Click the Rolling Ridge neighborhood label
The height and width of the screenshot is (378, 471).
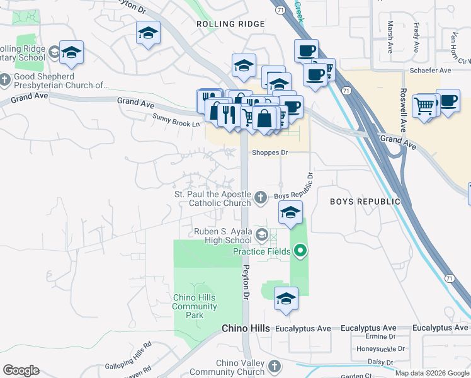point(230,24)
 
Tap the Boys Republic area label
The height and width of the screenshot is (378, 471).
point(365,202)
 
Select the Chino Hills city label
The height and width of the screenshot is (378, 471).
point(246,329)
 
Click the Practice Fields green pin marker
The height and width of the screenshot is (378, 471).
point(300,252)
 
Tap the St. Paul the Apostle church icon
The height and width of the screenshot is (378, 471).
point(261,198)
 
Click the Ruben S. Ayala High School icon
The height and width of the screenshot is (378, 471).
point(261,236)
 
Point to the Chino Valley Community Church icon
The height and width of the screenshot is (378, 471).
point(274,366)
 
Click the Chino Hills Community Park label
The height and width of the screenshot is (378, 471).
point(194,306)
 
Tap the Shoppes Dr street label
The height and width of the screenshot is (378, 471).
point(270,152)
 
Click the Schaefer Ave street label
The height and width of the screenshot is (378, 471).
point(431,71)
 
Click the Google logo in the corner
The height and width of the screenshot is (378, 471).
point(21,370)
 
